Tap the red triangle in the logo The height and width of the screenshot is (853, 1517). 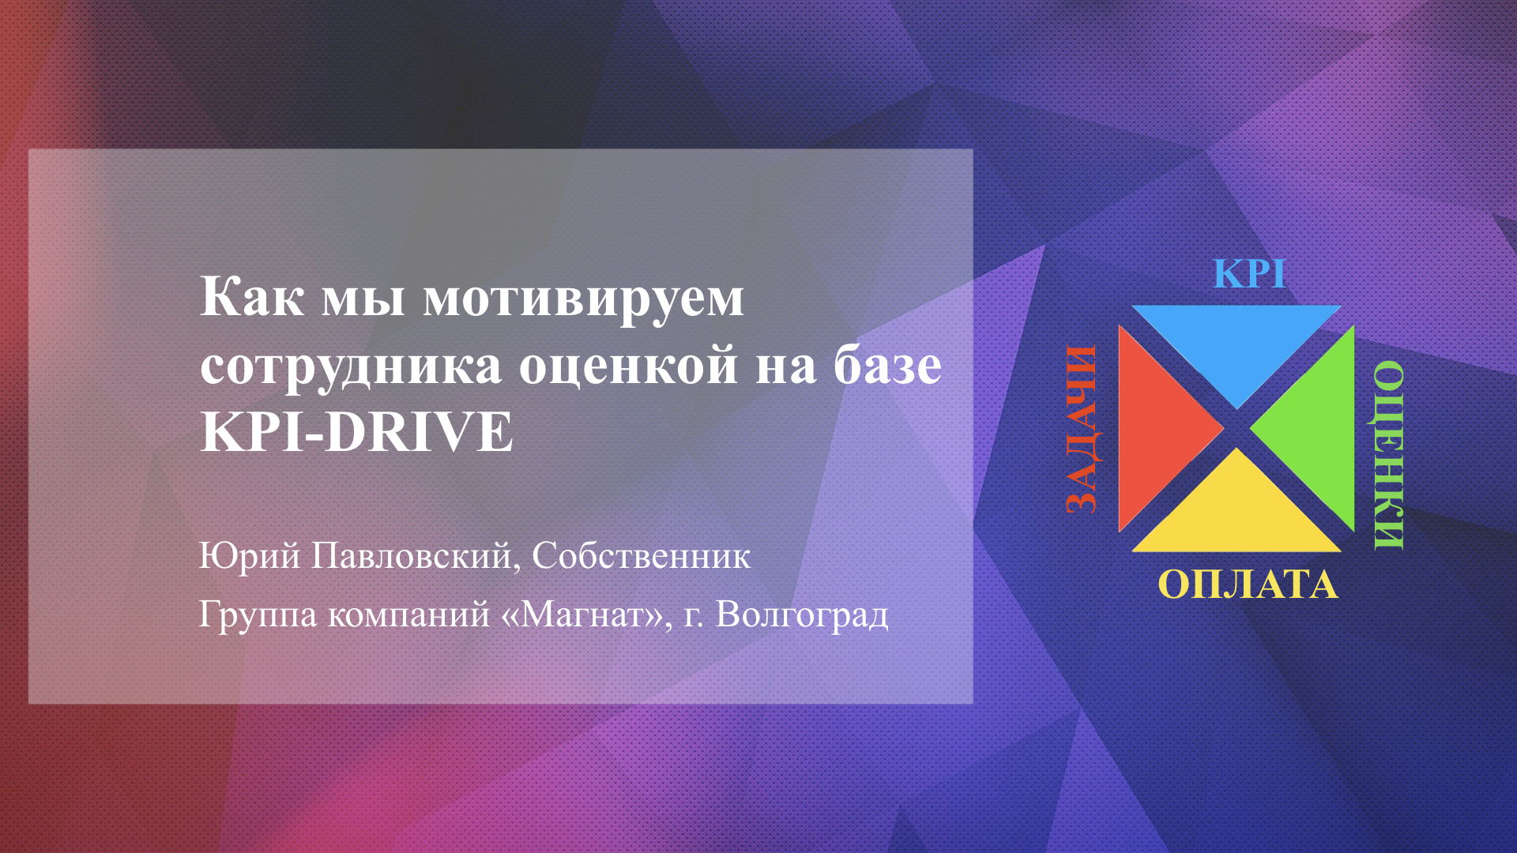click(x=1154, y=429)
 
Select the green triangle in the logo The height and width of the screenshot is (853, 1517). click(x=1319, y=429)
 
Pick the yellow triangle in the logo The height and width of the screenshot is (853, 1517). click(x=1237, y=517)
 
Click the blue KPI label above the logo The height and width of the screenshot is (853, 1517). click(x=1249, y=274)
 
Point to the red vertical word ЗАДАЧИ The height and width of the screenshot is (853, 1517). click(x=1082, y=429)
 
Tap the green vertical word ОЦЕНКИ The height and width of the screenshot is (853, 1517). click(x=1388, y=456)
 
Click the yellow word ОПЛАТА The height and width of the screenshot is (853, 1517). click(x=1248, y=585)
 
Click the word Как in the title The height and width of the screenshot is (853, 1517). click(x=252, y=297)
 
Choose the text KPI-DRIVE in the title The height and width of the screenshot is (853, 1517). click(x=357, y=432)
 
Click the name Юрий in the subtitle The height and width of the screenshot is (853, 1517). click(x=250, y=555)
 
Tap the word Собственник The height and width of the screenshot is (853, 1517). click(x=641, y=556)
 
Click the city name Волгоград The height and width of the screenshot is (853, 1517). click(x=802, y=615)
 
